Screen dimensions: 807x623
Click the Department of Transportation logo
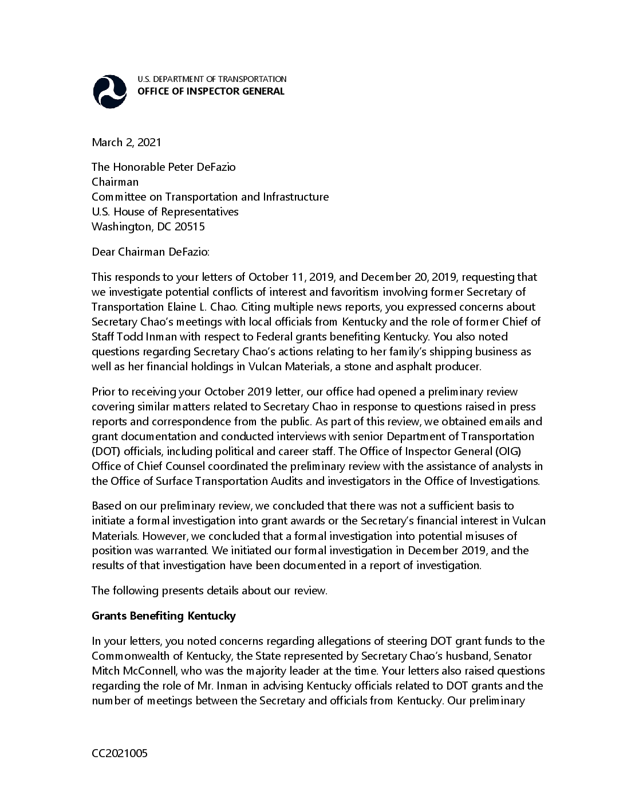pos(110,92)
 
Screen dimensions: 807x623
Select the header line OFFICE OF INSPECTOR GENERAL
pos(211,92)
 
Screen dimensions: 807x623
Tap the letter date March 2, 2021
pos(127,142)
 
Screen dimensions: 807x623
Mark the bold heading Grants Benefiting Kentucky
pos(164,616)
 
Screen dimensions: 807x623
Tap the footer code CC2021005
pos(120,753)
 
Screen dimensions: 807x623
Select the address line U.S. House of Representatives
pos(165,211)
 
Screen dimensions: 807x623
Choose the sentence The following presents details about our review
pos(210,591)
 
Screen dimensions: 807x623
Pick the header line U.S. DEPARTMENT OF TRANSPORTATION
pos(212,79)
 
